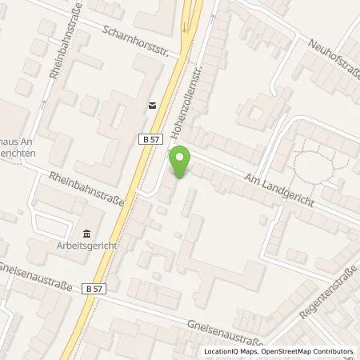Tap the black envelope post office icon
click(x=152, y=104)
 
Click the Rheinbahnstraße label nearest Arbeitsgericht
click(x=86, y=190)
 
